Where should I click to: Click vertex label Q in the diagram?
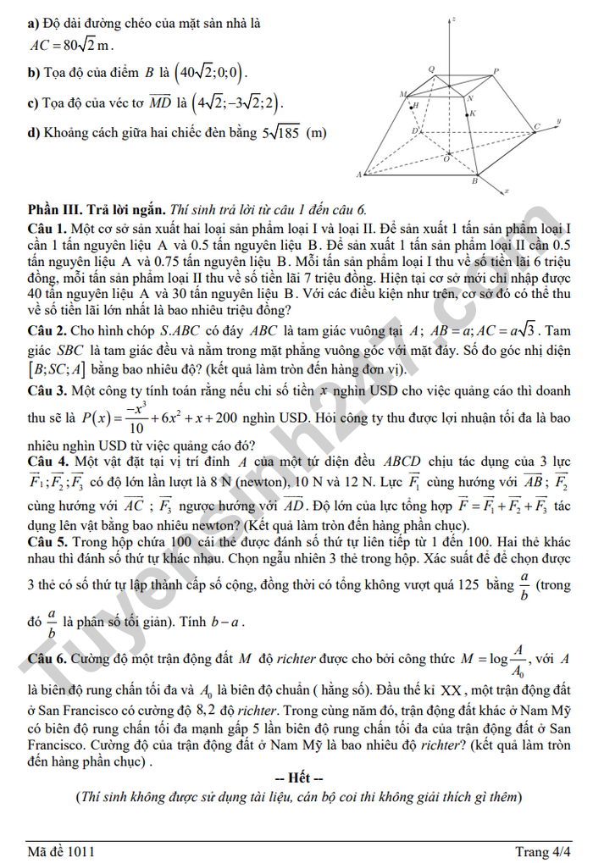click(431, 69)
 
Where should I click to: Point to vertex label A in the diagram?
click(359, 174)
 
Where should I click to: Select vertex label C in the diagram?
click(536, 127)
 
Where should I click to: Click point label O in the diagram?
click(446, 158)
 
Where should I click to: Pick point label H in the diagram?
click(414, 106)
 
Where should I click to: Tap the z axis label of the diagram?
click(455, 18)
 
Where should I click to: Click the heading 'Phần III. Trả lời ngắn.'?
click(97, 209)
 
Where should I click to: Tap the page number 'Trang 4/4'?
click(542, 851)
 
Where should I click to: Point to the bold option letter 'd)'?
click(34, 132)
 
